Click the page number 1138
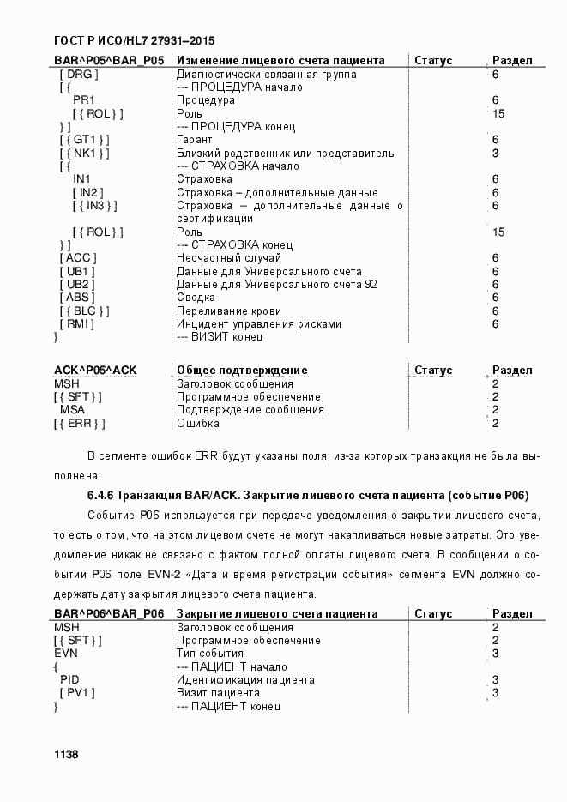(66, 755)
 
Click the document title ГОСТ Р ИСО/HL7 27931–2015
(134, 40)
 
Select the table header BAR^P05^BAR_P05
(109, 61)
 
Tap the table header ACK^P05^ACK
(95, 371)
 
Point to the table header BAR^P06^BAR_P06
(109, 614)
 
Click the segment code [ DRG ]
(79, 75)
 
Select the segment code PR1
(83, 100)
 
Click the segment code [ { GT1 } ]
(85, 140)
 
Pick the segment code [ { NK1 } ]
(85, 154)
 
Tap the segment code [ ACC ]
(78, 258)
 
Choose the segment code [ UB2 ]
(77, 285)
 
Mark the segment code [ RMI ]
(77, 324)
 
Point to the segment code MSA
(72, 410)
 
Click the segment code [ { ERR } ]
(79, 424)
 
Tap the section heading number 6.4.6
(100, 496)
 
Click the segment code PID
(70, 680)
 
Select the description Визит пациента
(218, 693)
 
